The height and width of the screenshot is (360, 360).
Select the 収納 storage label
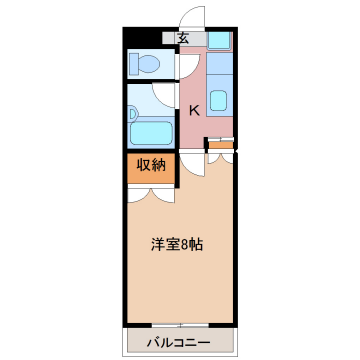[x=152, y=164]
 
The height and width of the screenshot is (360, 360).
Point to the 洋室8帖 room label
[x=180, y=243]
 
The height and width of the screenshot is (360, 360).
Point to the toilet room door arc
[x=185, y=63]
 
